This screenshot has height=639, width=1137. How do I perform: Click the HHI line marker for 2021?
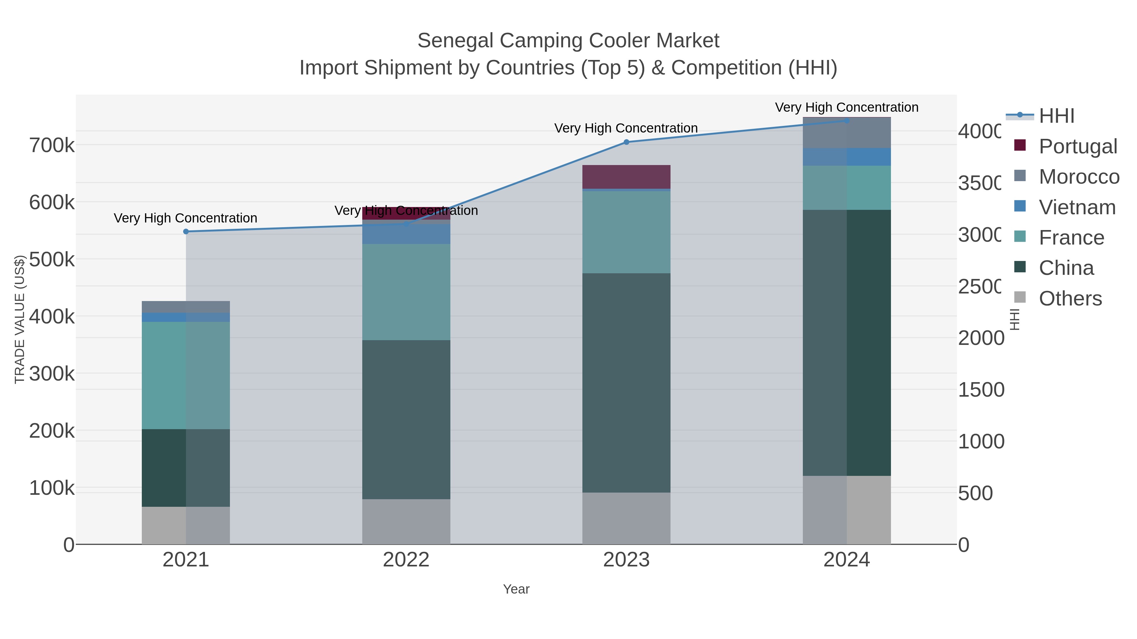(x=186, y=232)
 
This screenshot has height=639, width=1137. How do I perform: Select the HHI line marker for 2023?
(x=626, y=142)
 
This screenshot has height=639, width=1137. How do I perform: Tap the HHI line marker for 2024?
(x=846, y=121)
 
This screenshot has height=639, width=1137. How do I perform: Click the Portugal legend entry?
(x=1077, y=146)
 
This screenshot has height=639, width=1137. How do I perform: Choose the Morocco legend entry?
(x=1079, y=177)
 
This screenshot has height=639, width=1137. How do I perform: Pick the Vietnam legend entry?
(x=1077, y=207)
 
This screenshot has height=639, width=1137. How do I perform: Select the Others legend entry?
(x=1070, y=299)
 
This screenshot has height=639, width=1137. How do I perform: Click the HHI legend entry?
(x=1056, y=116)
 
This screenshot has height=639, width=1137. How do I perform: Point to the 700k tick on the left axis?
(x=52, y=145)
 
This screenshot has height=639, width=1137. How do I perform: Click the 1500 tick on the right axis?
(x=981, y=390)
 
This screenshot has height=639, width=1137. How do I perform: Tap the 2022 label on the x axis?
(x=406, y=560)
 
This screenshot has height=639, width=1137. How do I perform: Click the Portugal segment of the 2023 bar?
(x=626, y=177)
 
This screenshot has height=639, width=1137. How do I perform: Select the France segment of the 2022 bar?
(x=406, y=292)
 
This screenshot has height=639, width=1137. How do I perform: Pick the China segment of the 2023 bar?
(x=626, y=383)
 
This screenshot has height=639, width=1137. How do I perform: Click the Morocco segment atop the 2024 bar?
(x=846, y=133)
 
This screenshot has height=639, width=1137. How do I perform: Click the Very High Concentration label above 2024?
(x=846, y=108)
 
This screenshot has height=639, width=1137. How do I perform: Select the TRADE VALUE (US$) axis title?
(x=19, y=319)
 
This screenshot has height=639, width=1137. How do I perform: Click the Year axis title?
(x=516, y=589)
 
